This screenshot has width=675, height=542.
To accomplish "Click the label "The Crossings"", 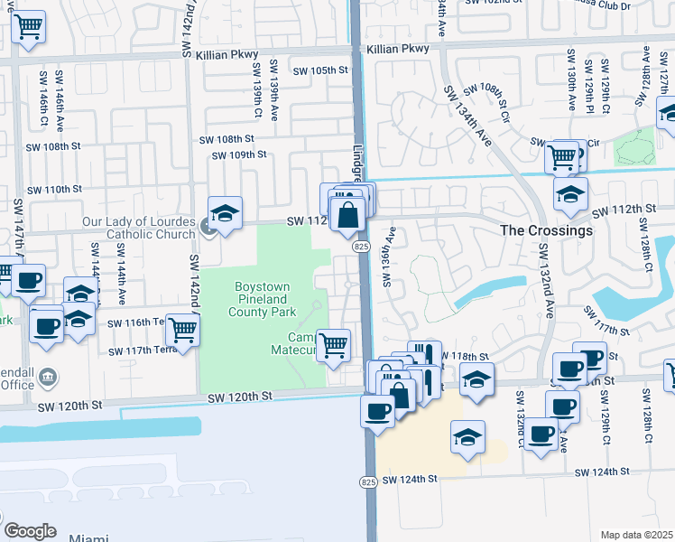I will (x=547, y=230).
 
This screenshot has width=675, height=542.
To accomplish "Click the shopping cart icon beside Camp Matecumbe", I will (x=334, y=345).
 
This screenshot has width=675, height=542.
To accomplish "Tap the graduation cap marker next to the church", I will (x=225, y=215).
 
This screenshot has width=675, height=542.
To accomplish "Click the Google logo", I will (x=30, y=530).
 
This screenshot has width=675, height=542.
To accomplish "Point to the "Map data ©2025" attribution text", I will (x=636, y=535).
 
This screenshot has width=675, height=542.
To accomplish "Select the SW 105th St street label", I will (x=320, y=70).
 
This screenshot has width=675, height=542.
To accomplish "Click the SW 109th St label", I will (x=239, y=154).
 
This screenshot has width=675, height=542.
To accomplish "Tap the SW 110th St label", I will (x=54, y=190).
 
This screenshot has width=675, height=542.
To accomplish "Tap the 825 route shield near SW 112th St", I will (x=360, y=247).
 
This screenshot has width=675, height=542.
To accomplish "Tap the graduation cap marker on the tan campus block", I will (x=467, y=439).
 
